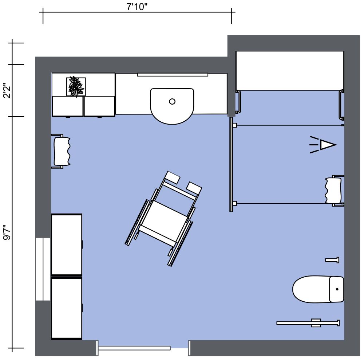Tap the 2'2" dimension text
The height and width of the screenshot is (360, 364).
[x=7, y=91]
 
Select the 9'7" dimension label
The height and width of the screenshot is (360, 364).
[x=7, y=232]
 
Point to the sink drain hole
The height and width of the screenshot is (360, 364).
[x=172, y=102]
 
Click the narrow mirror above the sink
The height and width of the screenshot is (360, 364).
[x=173, y=75]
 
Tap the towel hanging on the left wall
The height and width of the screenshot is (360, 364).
[x=62, y=151]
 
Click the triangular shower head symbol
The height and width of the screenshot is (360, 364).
[x=327, y=145]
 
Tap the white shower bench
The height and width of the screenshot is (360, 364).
[x=289, y=71]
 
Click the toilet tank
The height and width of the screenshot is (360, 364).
[x=336, y=289]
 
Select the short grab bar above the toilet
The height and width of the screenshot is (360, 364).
[x=332, y=260]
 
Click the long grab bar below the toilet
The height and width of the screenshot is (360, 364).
[x=308, y=323]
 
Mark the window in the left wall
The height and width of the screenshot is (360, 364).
[x=43, y=269]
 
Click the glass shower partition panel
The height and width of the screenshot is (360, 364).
[x=231, y=164]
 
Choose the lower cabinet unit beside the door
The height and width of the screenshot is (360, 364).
[x=67, y=308]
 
